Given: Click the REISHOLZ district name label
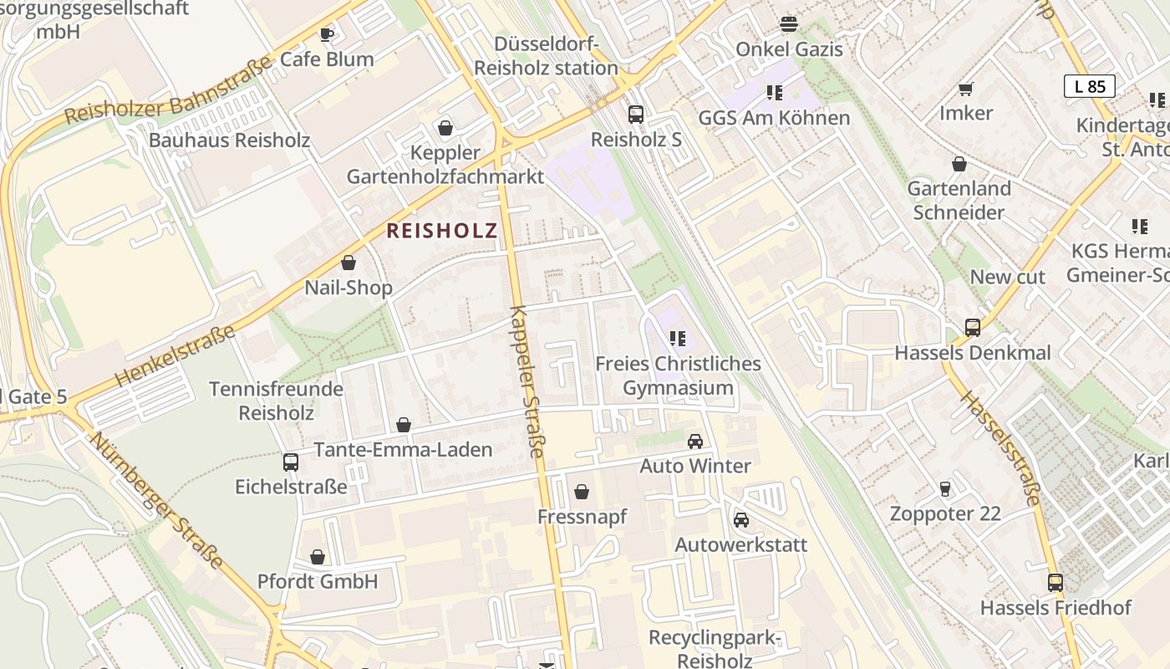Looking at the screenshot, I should click(x=442, y=231).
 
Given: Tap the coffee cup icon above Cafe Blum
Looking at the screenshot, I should click(x=327, y=34).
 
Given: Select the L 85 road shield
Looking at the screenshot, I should click(x=1089, y=86).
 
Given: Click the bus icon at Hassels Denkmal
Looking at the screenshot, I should click(x=972, y=328).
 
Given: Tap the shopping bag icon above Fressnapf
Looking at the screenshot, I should click(x=582, y=492).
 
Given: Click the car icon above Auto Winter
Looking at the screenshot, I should click(x=695, y=441).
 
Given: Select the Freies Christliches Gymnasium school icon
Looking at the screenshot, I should click(x=678, y=339).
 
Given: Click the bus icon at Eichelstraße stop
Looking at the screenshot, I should click(x=291, y=462).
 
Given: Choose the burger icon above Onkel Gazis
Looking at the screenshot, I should click(x=789, y=24).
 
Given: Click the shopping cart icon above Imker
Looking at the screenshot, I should click(x=966, y=89).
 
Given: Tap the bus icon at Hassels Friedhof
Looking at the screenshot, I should click(x=1056, y=583).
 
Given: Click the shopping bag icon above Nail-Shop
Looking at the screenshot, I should click(x=348, y=263).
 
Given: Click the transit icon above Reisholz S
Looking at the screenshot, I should click(x=636, y=115).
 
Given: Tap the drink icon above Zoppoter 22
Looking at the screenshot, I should click(x=945, y=488).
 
